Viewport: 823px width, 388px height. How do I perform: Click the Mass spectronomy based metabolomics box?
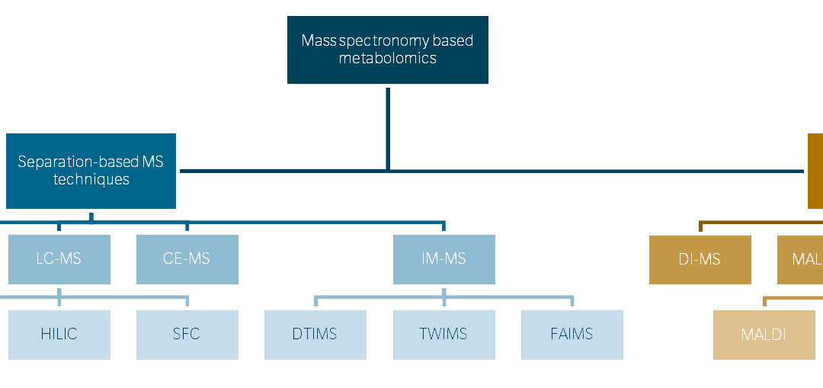[387, 49]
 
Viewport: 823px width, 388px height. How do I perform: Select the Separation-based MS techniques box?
[91, 171]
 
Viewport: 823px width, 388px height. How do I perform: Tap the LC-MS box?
[59, 259]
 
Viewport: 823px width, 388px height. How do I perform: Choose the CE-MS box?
[187, 259]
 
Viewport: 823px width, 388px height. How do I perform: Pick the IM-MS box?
[444, 259]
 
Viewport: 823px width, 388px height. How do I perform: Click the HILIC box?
[59, 334]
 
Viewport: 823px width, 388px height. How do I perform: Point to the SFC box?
[187, 334]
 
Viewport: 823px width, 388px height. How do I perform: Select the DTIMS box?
[315, 334]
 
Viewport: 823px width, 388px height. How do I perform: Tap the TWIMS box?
[444, 334]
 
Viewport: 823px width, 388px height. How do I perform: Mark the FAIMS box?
[572, 334]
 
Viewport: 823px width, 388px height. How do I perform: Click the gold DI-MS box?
[700, 260]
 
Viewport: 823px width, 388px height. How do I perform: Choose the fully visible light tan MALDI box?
[764, 335]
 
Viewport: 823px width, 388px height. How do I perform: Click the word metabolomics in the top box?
[388, 58]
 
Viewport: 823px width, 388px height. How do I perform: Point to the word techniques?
[91, 180]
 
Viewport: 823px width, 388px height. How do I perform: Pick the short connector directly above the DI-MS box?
[700, 227]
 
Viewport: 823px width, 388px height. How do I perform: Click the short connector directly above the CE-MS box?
[187, 227]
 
